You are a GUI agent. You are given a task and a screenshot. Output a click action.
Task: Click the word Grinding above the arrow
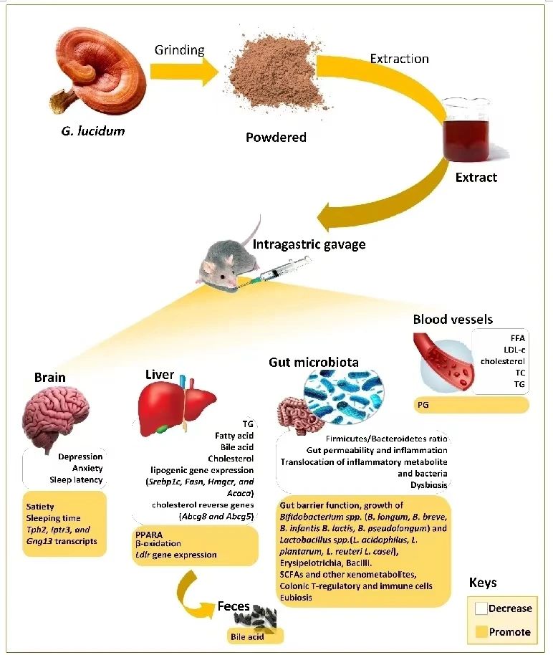pos(179,50)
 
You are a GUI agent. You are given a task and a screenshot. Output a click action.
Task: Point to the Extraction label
pos(399,58)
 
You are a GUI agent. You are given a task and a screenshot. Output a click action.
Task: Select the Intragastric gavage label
pos(309,244)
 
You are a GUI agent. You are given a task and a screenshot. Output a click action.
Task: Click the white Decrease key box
pos(480,608)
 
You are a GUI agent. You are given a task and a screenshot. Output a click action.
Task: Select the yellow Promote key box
pos(480,631)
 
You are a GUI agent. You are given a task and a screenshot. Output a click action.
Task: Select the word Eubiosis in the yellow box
pos(297,597)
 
